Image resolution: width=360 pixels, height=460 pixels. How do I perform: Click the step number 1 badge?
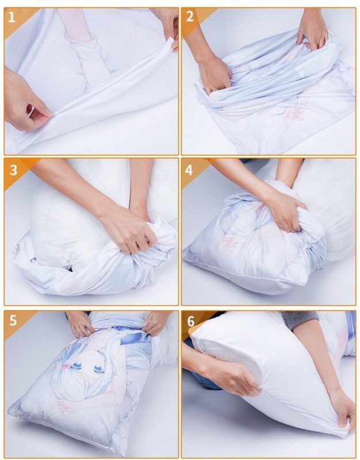click(x=13, y=17)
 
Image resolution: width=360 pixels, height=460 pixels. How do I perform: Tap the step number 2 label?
click(x=190, y=17)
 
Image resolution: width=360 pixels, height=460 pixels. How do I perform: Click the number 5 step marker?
click(x=13, y=320)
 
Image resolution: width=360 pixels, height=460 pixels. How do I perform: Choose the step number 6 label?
click(x=190, y=320)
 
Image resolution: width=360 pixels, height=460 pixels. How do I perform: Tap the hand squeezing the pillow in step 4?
click(x=285, y=210)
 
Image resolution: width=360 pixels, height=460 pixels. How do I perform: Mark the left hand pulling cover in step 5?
click(x=80, y=324)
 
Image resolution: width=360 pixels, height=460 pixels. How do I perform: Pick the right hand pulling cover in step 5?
click(x=155, y=323)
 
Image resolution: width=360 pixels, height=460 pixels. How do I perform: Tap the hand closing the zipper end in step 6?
click(x=343, y=408)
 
